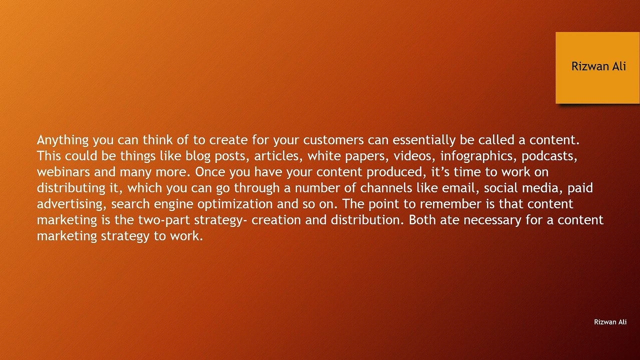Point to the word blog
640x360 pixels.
coord(198,156)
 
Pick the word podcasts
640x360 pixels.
coord(549,156)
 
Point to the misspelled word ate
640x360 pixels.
coord(450,220)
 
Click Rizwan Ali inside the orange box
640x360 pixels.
coord(598,66)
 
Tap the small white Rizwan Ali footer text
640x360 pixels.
coord(610,322)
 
